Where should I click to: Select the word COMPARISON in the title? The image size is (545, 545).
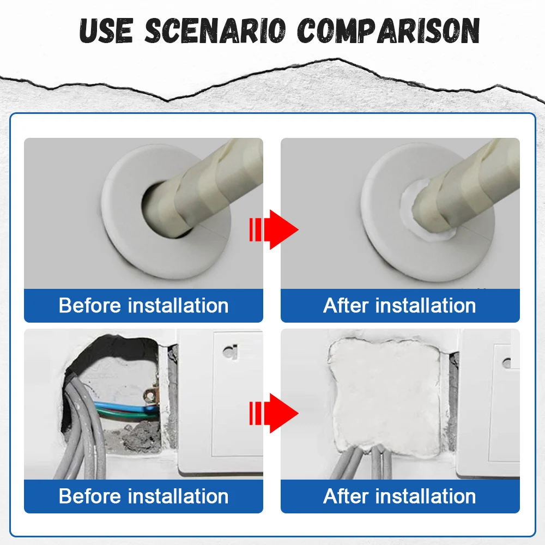coord(388,31)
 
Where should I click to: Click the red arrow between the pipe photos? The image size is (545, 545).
coord(274,229)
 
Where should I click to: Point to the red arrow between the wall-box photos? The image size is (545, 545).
coord(274,413)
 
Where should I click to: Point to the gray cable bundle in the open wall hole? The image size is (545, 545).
coord(84,436)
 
